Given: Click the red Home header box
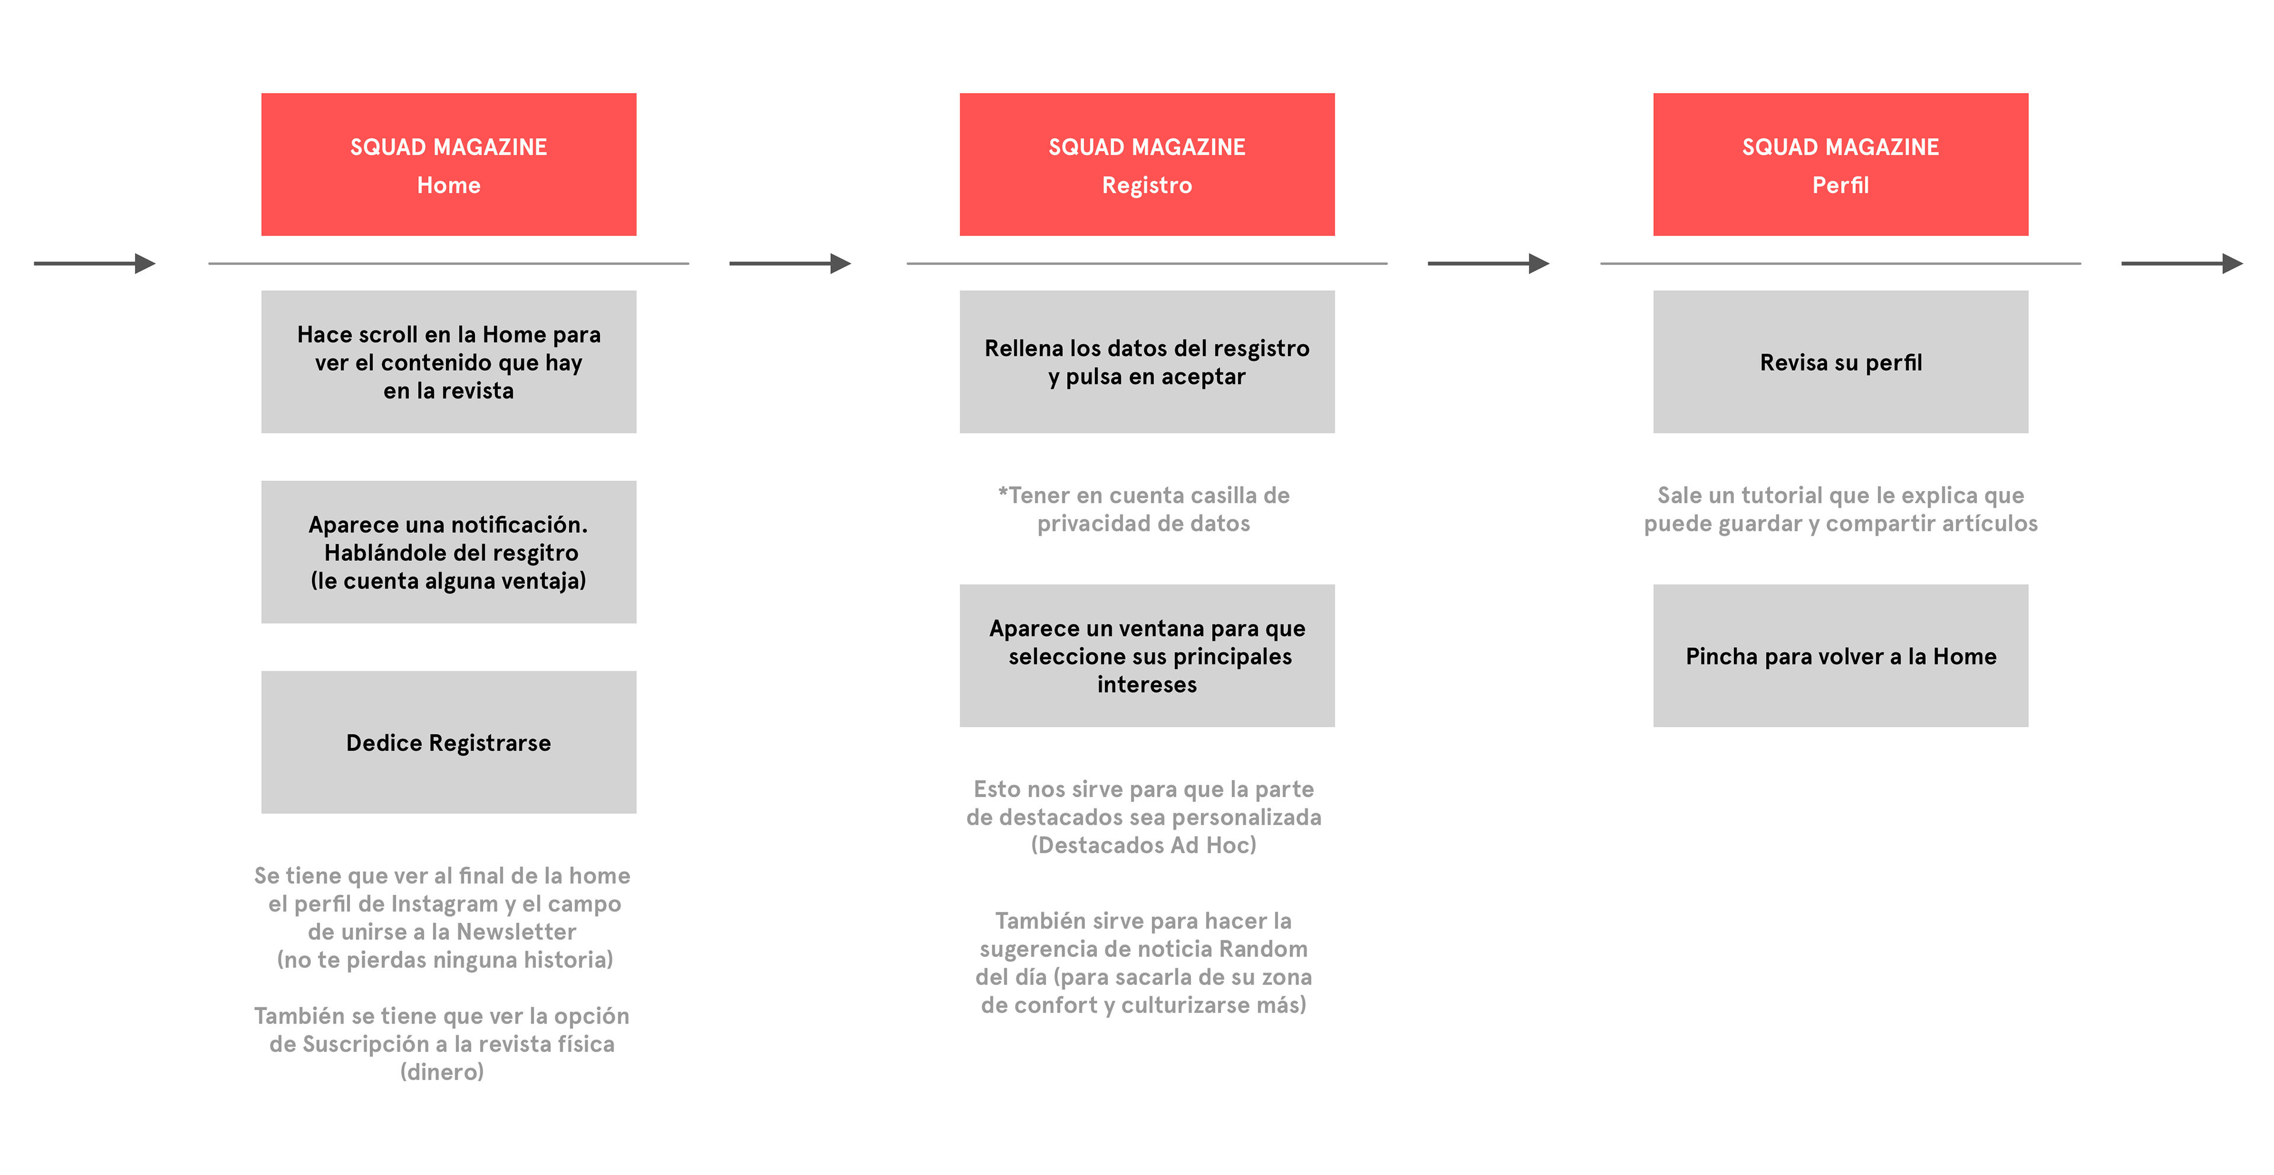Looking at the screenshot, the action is (448, 164).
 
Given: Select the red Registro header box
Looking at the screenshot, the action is (1146, 164).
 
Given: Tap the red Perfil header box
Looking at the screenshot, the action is (1841, 164).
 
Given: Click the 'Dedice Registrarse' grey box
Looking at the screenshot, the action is (448, 743).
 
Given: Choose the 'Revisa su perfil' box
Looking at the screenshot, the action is (1841, 362).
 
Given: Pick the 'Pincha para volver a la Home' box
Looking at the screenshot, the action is (1841, 656).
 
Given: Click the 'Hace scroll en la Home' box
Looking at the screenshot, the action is (448, 362).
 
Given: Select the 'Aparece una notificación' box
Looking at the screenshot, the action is (448, 552).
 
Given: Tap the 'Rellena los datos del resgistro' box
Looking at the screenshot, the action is (1146, 362).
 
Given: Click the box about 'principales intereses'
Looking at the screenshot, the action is (1146, 656).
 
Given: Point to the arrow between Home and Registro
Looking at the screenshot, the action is (790, 263).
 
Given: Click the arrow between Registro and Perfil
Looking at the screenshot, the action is (1488, 263).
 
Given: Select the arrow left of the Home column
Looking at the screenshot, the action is (95, 263).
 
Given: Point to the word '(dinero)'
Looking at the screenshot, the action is (442, 1072).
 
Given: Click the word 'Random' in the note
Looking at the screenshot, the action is (1263, 949).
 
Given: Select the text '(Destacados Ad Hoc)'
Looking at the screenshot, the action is (1144, 845).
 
